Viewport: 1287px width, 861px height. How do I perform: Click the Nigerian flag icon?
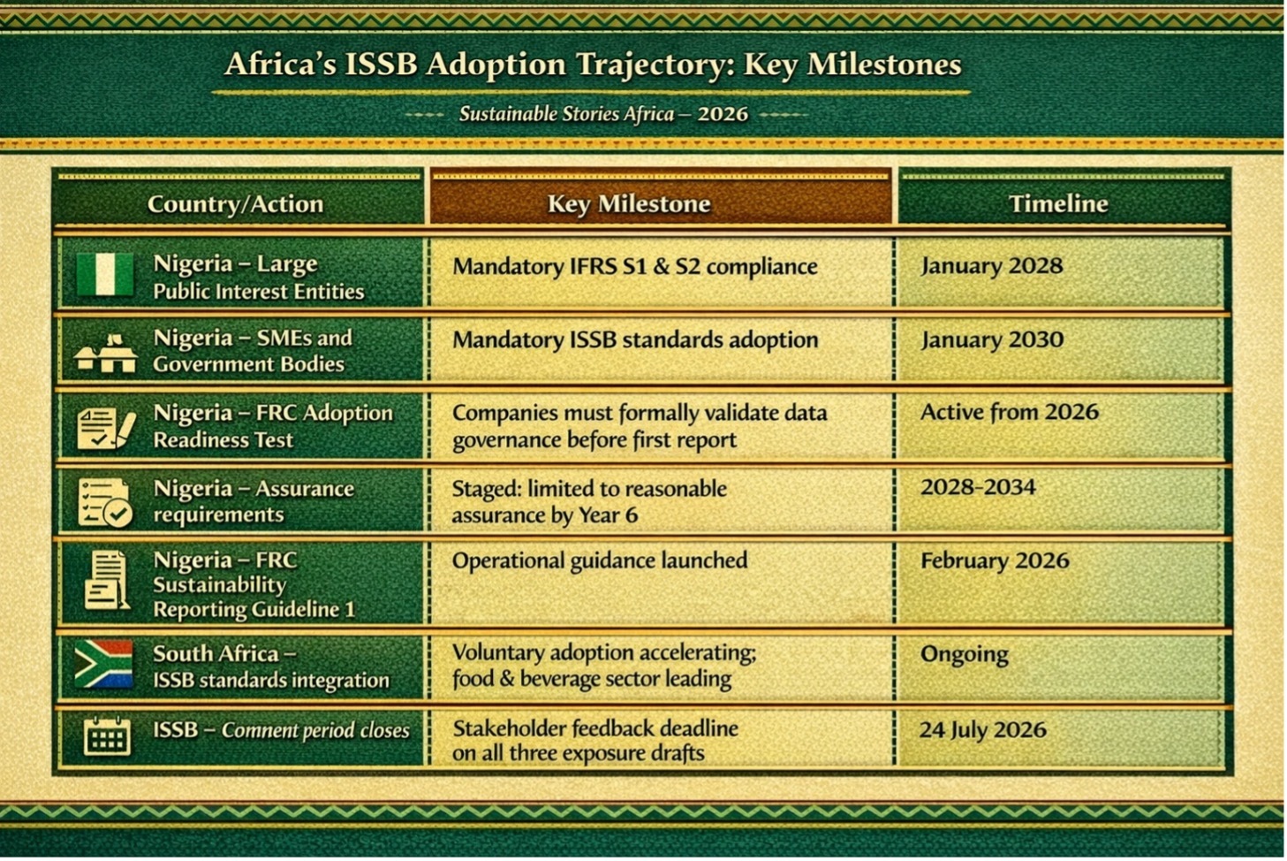point(105,274)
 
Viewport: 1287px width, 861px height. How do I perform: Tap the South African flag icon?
point(104,664)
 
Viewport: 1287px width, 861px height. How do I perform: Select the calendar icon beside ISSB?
point(107,735)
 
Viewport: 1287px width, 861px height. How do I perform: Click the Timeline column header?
point(1058,203)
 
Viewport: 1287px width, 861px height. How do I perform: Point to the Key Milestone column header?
point(629,203)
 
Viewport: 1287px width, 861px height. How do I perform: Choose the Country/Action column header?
point(236,204)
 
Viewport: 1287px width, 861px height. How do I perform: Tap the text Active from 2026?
point(1010,412)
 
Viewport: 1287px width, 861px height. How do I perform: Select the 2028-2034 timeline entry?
point(978,487)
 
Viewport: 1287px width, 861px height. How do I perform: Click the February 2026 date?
point(995,560)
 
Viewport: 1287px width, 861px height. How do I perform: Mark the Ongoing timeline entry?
point(964,654)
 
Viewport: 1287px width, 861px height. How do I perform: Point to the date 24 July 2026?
point(982,730)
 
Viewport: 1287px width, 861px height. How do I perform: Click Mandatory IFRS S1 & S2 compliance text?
point(635,267)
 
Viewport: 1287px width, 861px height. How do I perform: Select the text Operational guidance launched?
point(600,560)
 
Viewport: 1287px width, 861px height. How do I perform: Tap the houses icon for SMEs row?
point(106,353)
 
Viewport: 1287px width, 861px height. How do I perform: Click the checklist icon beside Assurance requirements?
point(104,503)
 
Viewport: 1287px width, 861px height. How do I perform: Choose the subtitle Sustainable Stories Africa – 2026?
point(603,114)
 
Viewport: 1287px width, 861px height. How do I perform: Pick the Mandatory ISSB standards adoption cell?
point(635,340)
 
